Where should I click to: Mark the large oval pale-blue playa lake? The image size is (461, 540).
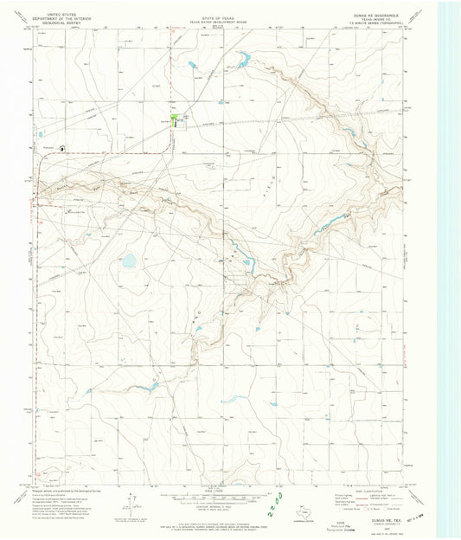tap(129, 260)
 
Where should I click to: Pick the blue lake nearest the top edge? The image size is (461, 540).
tap(243, 58)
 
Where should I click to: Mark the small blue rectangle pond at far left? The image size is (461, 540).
tap(39, 134)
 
